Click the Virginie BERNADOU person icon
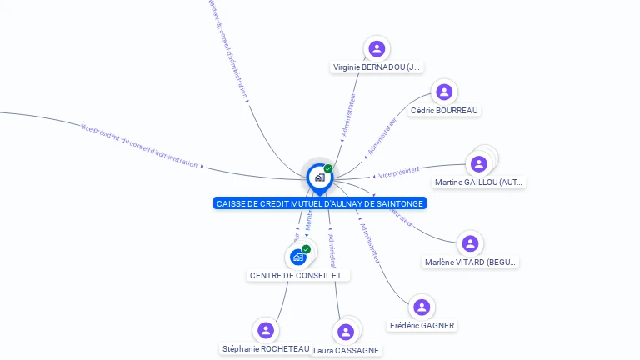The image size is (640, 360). pyautogui.click(x=377, y=48)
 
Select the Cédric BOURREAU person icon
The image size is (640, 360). pyautogui.click(x=444, y=92)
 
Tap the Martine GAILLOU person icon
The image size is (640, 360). pyautogui.click(x=478, y=163)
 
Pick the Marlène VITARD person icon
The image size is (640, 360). pyautogui.click(x=470, y=243)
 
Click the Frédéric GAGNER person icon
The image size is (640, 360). pyautogui.click(x=422, y=307)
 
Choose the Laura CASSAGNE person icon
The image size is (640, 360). pyautogui.click(x=346, y=332)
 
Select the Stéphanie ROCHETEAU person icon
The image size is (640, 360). pyautogui.click(x=266, y=330)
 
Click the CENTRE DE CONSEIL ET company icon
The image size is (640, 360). pyautogui.click(x=297, y=257)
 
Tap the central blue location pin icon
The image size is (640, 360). pyautogui.click(x=319, y=177)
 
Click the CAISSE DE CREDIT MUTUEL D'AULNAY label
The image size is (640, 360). pyautogui.click(x=320, y=203)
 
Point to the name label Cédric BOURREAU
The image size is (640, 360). pyautogui.click(x=446, y=111)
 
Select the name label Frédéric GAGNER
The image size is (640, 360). pyautogui.click(x=422, y=325)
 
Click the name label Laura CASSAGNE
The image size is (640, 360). pyautogui.click(x=347, y=351)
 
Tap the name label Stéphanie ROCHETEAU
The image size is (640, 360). pyautogui.click(x=266, y=348)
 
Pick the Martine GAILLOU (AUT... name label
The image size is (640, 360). pyautogui.click(x=479, y=182)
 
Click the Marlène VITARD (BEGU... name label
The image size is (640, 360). pyautogui.click(x=471, y=262)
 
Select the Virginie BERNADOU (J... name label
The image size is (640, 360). pyautogui.click(x=377, y=67)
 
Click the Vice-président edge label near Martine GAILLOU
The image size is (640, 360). pyautogui.click(x=398, y=172)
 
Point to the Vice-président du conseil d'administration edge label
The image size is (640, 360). pyautogui.click(x=139, y=146)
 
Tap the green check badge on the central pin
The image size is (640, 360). pyautogui.click(x=328, y=169)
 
